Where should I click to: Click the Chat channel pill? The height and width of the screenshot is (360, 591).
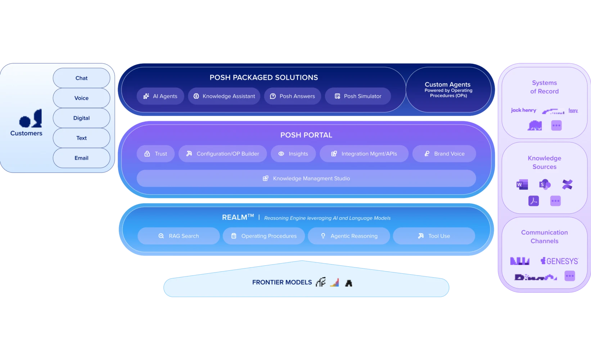81,78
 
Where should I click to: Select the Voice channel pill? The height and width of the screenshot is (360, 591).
81,98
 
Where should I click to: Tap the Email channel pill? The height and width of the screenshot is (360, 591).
81,158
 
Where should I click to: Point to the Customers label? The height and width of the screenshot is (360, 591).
26,133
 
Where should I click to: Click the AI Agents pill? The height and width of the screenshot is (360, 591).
161,96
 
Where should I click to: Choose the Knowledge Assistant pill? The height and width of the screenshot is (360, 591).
224,96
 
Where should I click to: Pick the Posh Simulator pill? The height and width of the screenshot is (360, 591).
358,96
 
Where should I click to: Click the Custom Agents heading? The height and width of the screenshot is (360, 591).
447,84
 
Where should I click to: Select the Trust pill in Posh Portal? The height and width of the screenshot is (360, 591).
156,154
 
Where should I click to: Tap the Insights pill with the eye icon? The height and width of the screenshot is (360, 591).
293,154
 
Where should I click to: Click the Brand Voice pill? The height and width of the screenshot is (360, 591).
444,154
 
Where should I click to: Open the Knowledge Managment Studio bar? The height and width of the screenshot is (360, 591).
306,179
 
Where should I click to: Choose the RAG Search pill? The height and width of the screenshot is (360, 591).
179,236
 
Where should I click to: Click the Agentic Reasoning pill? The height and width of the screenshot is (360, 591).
349,236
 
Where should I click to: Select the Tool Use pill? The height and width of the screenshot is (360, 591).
434,236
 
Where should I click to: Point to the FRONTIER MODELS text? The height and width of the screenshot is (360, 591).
282,282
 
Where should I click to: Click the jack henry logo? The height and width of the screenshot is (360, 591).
523,110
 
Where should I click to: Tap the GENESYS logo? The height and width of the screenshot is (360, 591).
559,261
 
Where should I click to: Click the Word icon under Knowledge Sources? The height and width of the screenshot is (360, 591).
522,185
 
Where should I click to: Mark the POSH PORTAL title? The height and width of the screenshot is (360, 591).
306,135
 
